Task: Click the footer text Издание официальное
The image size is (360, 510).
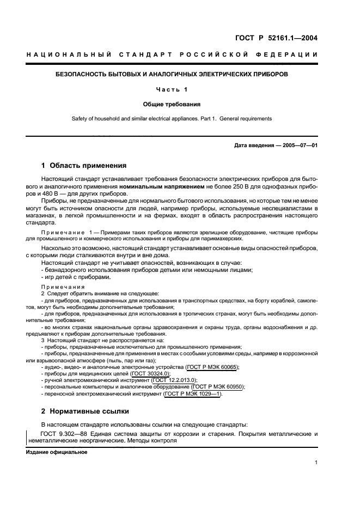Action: pyautogui.click(x=52, y=452)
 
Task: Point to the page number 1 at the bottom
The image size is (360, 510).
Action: pyautogui.click(x=316, y=463)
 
